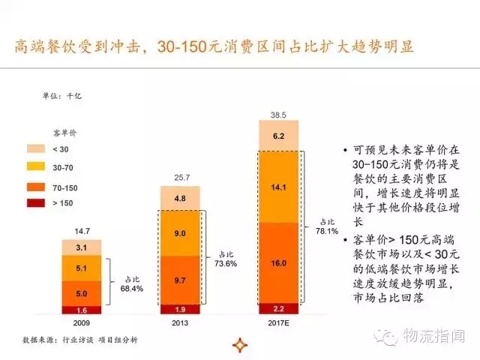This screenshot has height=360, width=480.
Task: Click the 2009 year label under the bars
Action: tap(82, 322)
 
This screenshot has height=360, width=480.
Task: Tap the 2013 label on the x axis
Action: tap(181, 322)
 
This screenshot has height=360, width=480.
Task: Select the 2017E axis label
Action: tap(278, 322)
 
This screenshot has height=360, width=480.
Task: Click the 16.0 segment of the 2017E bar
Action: tap(278, 263)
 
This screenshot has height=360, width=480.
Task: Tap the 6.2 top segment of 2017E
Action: tap(278, 136)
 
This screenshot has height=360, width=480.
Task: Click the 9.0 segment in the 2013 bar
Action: tap(181, 233)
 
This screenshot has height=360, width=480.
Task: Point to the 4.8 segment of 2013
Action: tap(181, 199)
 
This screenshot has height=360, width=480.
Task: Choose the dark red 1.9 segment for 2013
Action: tap(181, 308)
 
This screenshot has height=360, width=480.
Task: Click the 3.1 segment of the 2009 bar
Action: tap(83, 247)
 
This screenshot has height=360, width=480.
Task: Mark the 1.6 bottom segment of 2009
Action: tap(83, 309)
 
